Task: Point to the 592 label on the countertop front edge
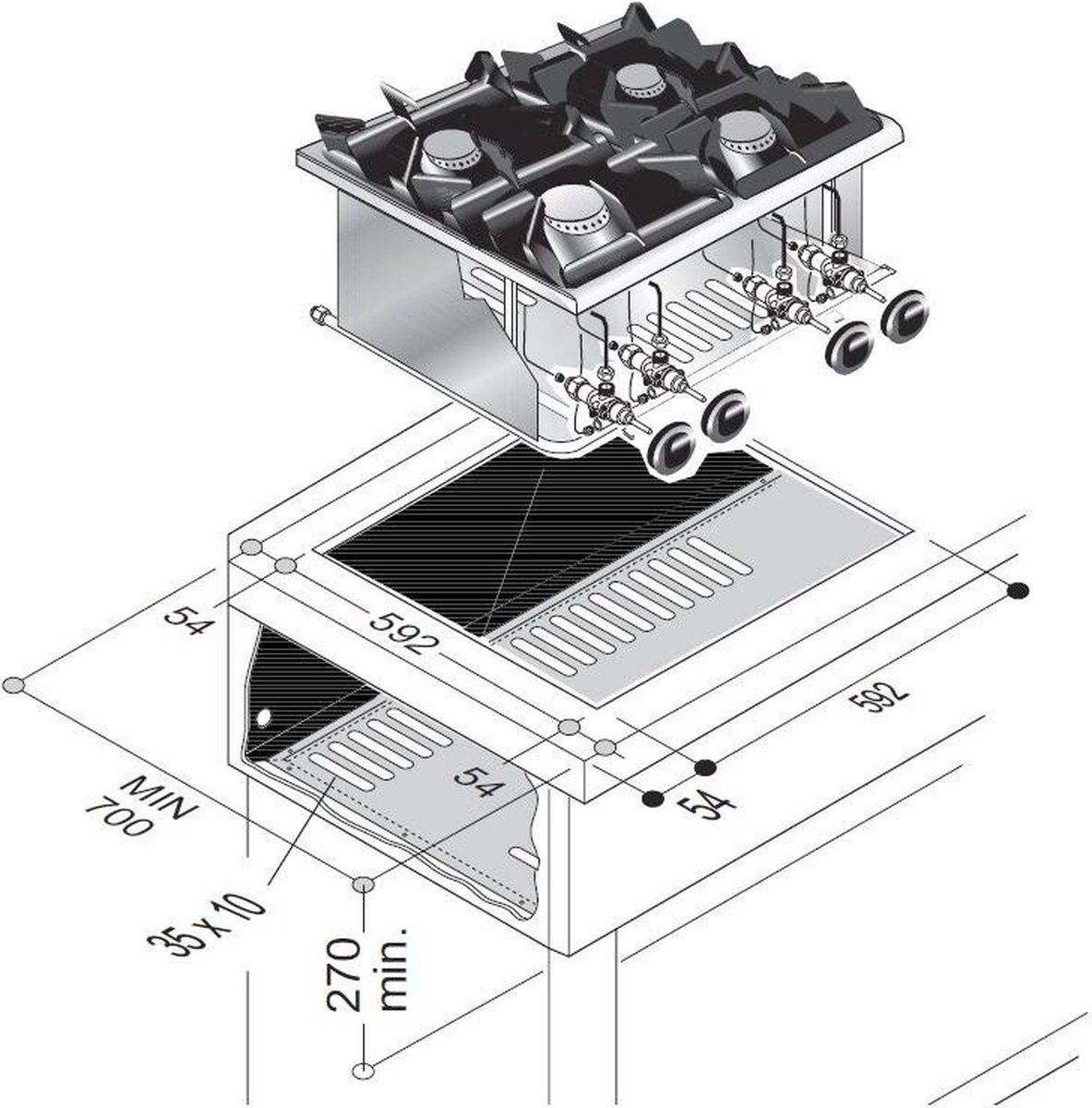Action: click(x=401, y=632)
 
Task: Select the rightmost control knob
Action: click(x=906, y=316)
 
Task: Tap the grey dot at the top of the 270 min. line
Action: click(x=365, y=884)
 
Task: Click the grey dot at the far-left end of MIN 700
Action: click(x=14, y=685)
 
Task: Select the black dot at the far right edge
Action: click(x=1017, y=592)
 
